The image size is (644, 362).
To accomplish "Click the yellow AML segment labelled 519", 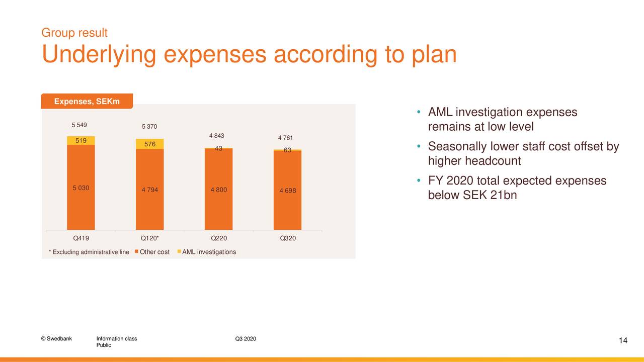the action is [81, 140].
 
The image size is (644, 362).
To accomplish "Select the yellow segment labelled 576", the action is [150, 144].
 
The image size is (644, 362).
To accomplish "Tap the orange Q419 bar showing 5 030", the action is [81, 188].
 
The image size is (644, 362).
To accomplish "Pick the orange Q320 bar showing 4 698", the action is [287, 190].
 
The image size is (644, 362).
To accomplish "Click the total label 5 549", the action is [79, 125].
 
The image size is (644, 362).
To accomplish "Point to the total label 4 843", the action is [216, 136].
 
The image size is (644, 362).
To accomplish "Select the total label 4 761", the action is [285, 138].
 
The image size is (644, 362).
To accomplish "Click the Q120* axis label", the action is [150, 238].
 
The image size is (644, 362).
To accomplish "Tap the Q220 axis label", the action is [219, 238].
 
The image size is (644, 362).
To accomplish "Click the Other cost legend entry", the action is [152, 252].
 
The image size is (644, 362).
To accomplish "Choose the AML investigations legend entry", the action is [206, 252].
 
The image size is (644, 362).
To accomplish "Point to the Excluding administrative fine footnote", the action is [89, 252].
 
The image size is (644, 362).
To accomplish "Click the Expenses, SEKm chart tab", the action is [87, 101].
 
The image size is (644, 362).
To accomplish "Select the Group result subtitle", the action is [74, 33].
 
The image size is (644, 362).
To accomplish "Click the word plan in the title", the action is [434, 55].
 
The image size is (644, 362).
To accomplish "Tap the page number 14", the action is [623, 340].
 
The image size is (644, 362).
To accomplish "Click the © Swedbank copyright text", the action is [56, 339].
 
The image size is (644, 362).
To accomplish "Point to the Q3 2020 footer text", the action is [246, 339].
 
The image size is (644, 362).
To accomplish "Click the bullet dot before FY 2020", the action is [419, 180].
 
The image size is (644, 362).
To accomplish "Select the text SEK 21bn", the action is [490, 195].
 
